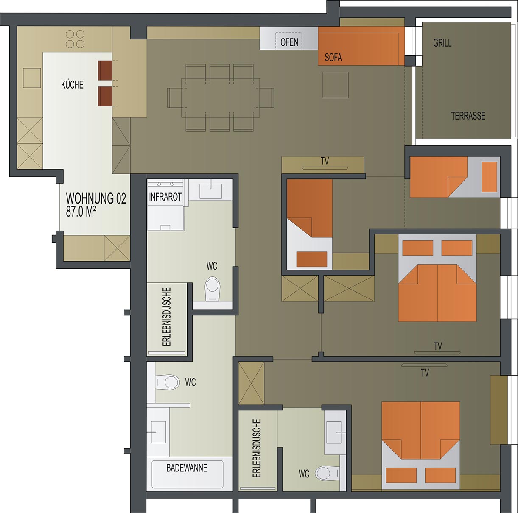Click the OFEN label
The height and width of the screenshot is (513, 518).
click(289, 42)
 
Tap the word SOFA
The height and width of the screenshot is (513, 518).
click(333, 58)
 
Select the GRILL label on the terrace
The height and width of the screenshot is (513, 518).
click(442, 43)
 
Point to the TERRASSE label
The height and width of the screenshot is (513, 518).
click(468, 116)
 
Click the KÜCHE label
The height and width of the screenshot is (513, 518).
click(72, 85)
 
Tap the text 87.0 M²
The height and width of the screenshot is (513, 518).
click(81, 212)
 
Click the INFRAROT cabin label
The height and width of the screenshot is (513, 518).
click(165, 197)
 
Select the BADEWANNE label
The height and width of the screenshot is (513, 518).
click(187, 468)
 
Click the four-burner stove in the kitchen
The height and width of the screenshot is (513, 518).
click(75, 39)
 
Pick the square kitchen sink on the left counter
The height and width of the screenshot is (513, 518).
click(32, 78)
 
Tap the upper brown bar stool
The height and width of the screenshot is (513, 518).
click(105, 70)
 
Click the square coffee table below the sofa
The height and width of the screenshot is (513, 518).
click(336, 85)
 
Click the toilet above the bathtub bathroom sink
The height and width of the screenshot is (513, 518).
click(168, 382)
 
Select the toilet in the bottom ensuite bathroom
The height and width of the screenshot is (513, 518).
click(327, 480)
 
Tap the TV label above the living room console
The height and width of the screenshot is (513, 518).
click(325, 161)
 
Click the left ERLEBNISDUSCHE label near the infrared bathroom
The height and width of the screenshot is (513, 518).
click(167, 317)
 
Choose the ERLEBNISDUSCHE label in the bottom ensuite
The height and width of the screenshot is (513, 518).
click(257, 448)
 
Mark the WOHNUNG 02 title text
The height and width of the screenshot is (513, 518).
click(96, 198)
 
